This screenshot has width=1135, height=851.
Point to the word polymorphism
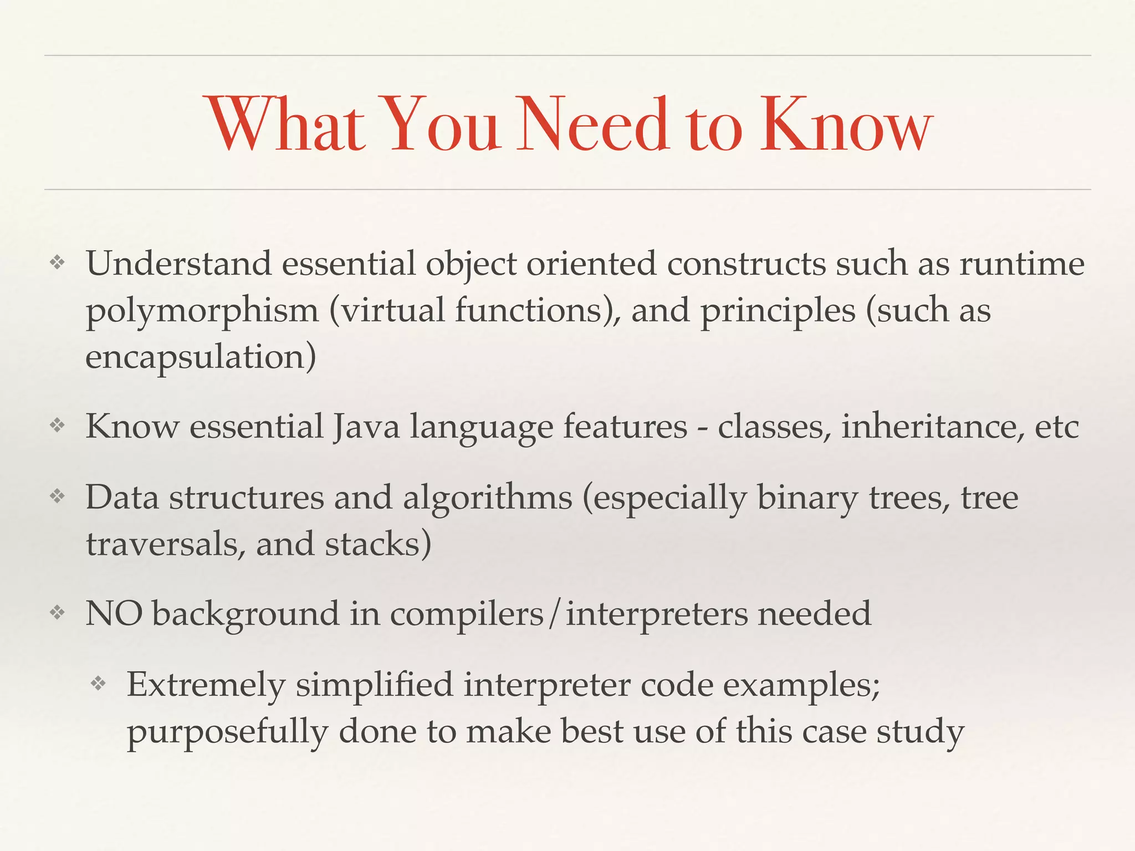[x=202, y=311]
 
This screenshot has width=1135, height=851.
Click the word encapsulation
[x=200, y=357]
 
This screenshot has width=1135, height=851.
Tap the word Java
[x=366, y=427]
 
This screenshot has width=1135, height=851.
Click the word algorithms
[x=487, y=498]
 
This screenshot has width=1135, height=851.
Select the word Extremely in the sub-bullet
[x=206, y=685]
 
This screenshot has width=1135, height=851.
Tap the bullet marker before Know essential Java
[x=58, y=427]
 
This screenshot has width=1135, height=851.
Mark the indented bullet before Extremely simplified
[x=98, y=684]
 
